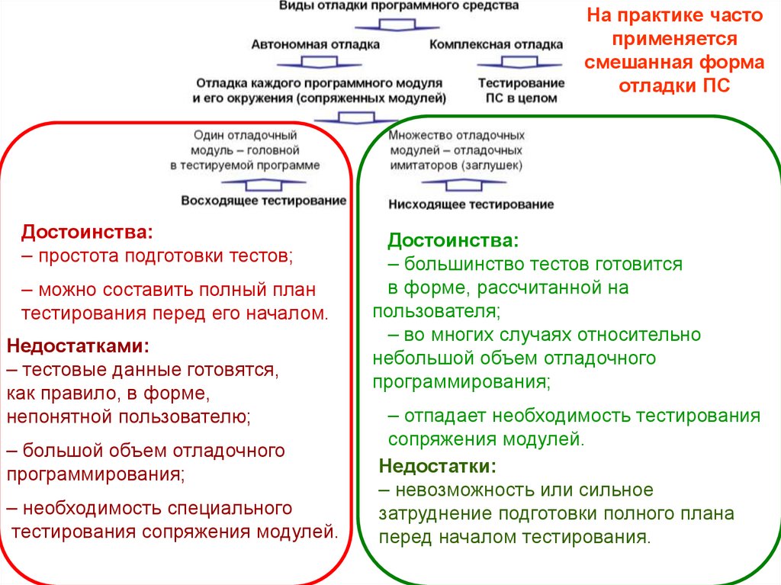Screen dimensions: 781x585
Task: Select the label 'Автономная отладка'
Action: (316, 44)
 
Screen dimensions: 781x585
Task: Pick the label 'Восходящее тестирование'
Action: (263, 201)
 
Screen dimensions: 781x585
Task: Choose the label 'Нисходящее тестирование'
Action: (471, 204)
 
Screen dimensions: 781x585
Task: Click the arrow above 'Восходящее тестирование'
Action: (263, 184)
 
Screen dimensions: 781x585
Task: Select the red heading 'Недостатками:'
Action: (78, 346)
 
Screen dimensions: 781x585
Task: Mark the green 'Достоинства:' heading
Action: (453, 241)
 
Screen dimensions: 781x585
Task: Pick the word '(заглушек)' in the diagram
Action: (493, 165)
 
